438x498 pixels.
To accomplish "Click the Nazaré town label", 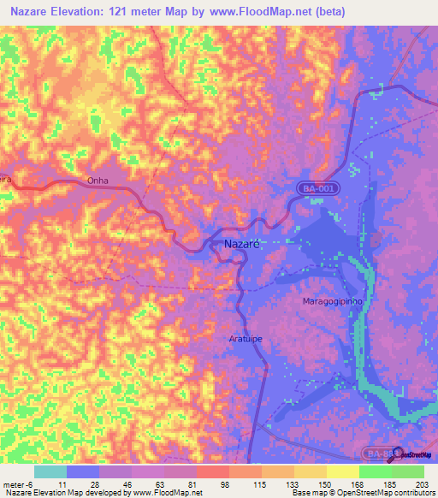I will (241, 244).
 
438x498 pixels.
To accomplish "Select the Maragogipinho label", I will (333, 302).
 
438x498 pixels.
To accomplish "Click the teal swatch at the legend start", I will (50, 471).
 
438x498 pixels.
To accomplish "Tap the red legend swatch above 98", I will (212, 471).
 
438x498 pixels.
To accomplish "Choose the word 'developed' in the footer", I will (104, 493).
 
